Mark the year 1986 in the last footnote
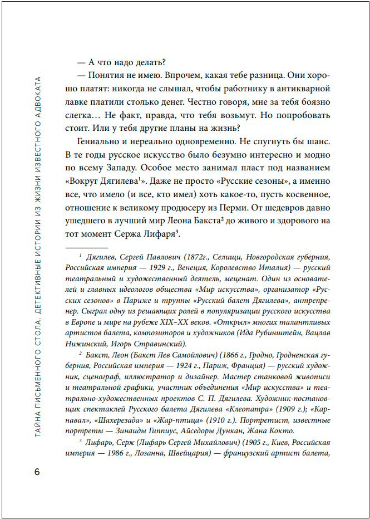click(x=112, y=454)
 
